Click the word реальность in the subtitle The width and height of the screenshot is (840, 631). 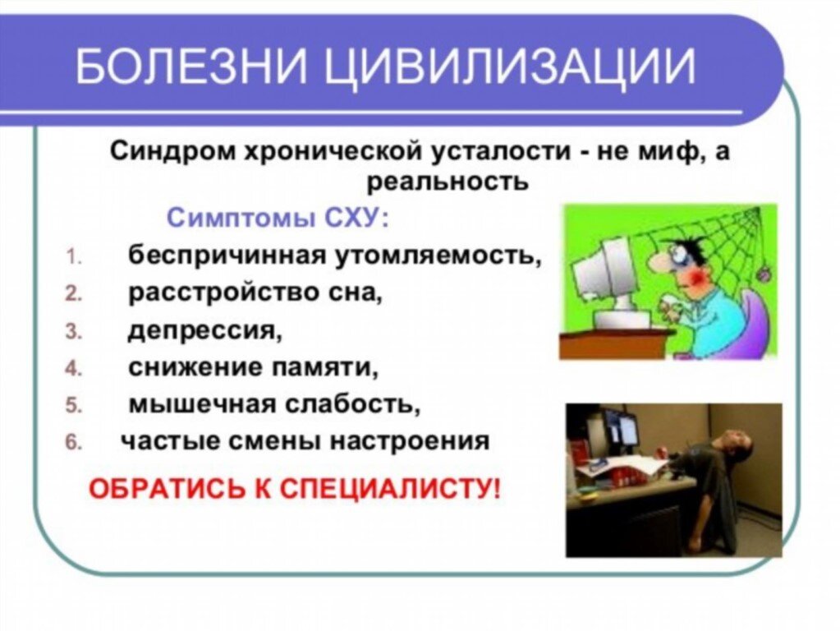click(x=447, y=181)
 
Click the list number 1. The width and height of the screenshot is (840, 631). click(x=71, y=256)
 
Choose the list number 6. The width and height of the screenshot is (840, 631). click(x=71, y=443)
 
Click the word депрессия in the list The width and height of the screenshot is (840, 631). click(x=204, y=330)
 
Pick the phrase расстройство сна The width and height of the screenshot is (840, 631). click(x=255, y=293)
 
